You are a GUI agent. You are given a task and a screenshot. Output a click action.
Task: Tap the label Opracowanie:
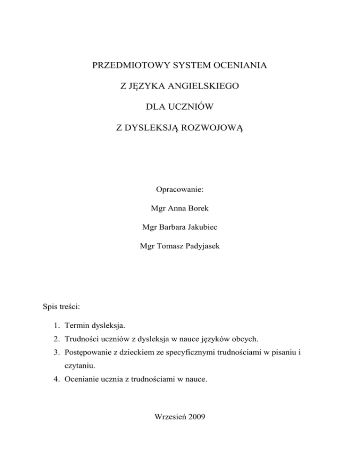pos(180,191)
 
